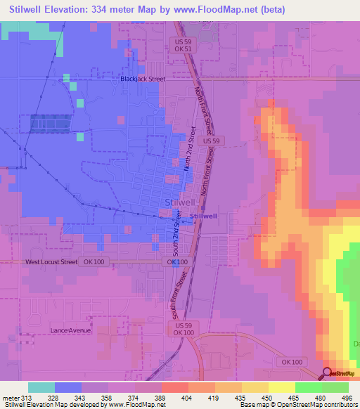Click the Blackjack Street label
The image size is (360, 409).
(142, 79)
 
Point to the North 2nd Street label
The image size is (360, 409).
(190, 149)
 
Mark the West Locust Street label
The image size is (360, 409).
(51, 262)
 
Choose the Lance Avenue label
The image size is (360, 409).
(71, 330)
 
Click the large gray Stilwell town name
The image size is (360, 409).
(176, 202)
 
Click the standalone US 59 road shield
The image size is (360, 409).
(210, 141)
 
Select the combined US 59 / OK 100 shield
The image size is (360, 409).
(184, 330)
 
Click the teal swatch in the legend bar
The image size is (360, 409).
(41, 387)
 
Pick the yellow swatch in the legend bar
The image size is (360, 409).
(281, 387)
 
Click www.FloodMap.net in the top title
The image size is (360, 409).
(205, 11)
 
